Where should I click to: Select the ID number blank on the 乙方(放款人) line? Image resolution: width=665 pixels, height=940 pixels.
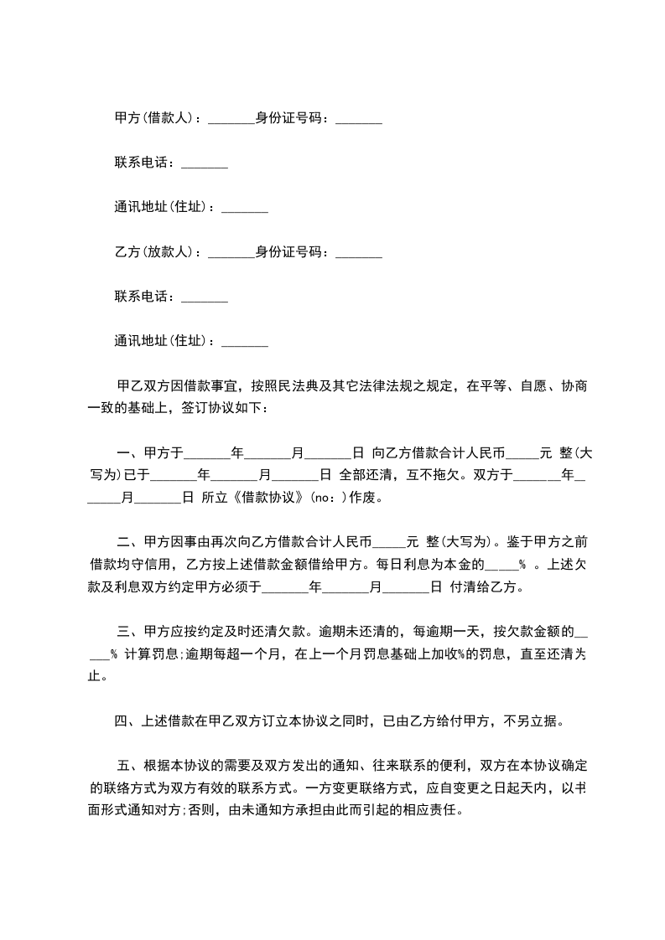[358, 251]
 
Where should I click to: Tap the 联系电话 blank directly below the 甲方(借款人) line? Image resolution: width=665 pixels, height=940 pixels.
[204, 163]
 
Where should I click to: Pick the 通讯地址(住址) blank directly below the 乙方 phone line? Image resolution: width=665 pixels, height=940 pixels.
[244, 341]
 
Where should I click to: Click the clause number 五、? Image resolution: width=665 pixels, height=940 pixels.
[130, 766]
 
